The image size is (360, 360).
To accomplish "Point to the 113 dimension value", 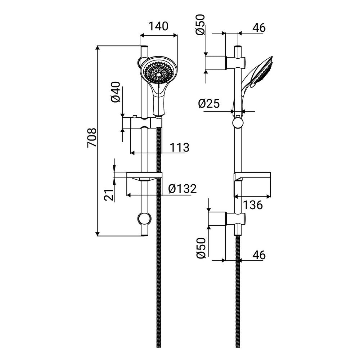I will (179, 147).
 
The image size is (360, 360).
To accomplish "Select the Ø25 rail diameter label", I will (209, 104).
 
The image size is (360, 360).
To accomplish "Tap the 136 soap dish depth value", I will (252, 205).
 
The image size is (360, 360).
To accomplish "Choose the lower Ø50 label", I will (201, 248).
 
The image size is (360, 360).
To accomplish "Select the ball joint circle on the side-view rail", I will (238, 123).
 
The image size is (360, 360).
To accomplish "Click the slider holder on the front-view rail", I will (146, 122).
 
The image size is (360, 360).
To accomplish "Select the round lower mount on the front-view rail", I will (145, 219).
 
